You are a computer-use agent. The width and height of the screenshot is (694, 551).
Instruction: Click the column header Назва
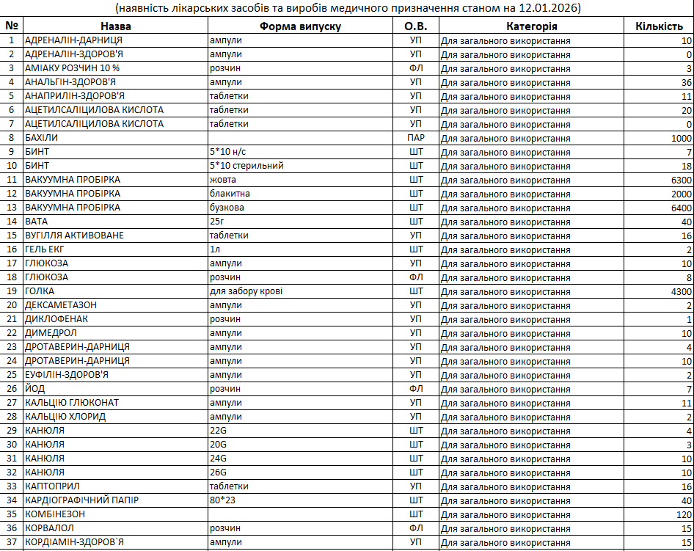click(x=115, y=26)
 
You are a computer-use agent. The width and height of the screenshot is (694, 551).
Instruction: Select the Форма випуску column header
click(x=300, y=26)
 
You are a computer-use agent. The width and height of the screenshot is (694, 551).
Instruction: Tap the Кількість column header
click(x=659, y=26)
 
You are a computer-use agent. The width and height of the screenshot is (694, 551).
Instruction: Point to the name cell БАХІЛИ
click(x=42, y=138)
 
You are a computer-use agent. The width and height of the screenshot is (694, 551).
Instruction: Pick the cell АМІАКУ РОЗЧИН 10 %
click(x=72, y=68)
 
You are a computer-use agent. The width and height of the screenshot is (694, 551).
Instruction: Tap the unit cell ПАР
click(x=416, y=138)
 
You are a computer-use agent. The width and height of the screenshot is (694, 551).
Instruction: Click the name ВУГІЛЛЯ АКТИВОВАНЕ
click(x=74, y=236)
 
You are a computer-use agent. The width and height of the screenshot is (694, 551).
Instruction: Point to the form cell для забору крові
click(x=246, y=291)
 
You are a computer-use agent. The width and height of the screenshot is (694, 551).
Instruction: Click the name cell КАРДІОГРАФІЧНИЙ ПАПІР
click(x=81, y=500)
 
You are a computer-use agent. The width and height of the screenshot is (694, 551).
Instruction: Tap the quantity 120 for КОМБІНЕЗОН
click(x=684, y=514)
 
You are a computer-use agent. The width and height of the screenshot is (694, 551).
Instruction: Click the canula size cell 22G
click(x=218, y=431)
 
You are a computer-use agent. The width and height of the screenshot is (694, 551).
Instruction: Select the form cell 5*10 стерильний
click(x=246, y=166)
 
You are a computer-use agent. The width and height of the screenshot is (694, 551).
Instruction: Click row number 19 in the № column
click(x=11, y=291)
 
